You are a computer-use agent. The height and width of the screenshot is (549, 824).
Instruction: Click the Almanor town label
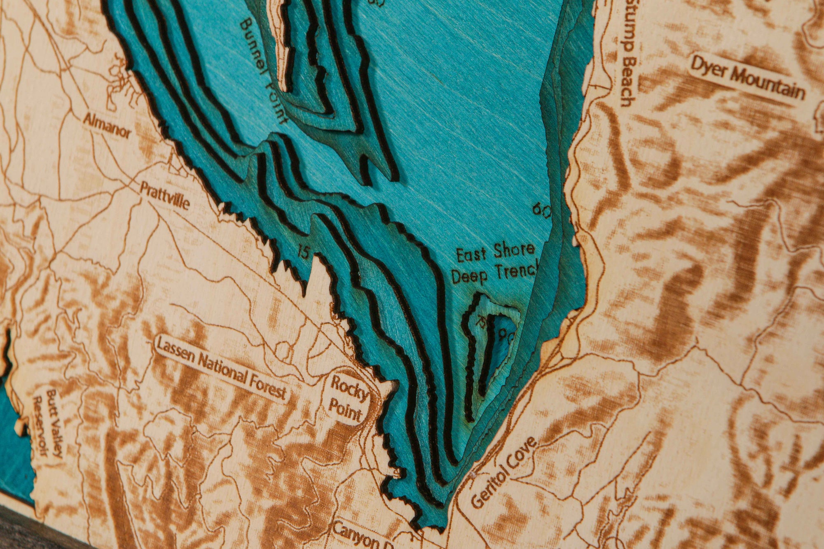(107, 126)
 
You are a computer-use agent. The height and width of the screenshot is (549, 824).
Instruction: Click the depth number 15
(303, 251)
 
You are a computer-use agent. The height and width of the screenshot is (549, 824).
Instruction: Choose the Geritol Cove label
(503, 472)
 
